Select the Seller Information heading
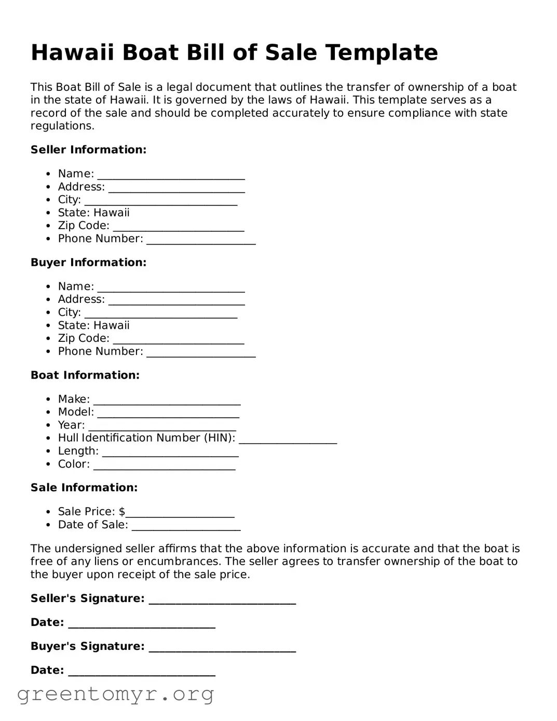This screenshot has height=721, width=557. (88, 150)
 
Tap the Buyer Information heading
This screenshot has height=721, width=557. (88, 262)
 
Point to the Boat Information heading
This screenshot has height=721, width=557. (85, 375)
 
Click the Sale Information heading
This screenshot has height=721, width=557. (84, 487)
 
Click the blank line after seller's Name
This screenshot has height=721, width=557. (171, 175)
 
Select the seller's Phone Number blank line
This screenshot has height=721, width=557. (201, 239)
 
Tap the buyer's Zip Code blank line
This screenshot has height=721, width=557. (178, 339)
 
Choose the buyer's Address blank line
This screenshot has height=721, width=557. (176, 300)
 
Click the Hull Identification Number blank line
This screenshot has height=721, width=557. (288, 439)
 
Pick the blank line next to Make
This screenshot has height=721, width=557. (167, 400)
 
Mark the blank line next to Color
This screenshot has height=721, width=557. (164, 465)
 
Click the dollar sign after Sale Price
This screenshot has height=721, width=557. (122, 512)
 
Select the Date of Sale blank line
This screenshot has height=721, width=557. (186, 526)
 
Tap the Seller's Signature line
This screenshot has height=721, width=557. (222, 599)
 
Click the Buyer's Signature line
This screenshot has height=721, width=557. (222, 647)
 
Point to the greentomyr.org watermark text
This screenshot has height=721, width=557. (115, 694)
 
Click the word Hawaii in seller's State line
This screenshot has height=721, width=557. (112, 212)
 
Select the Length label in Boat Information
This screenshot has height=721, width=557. (78, 451)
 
